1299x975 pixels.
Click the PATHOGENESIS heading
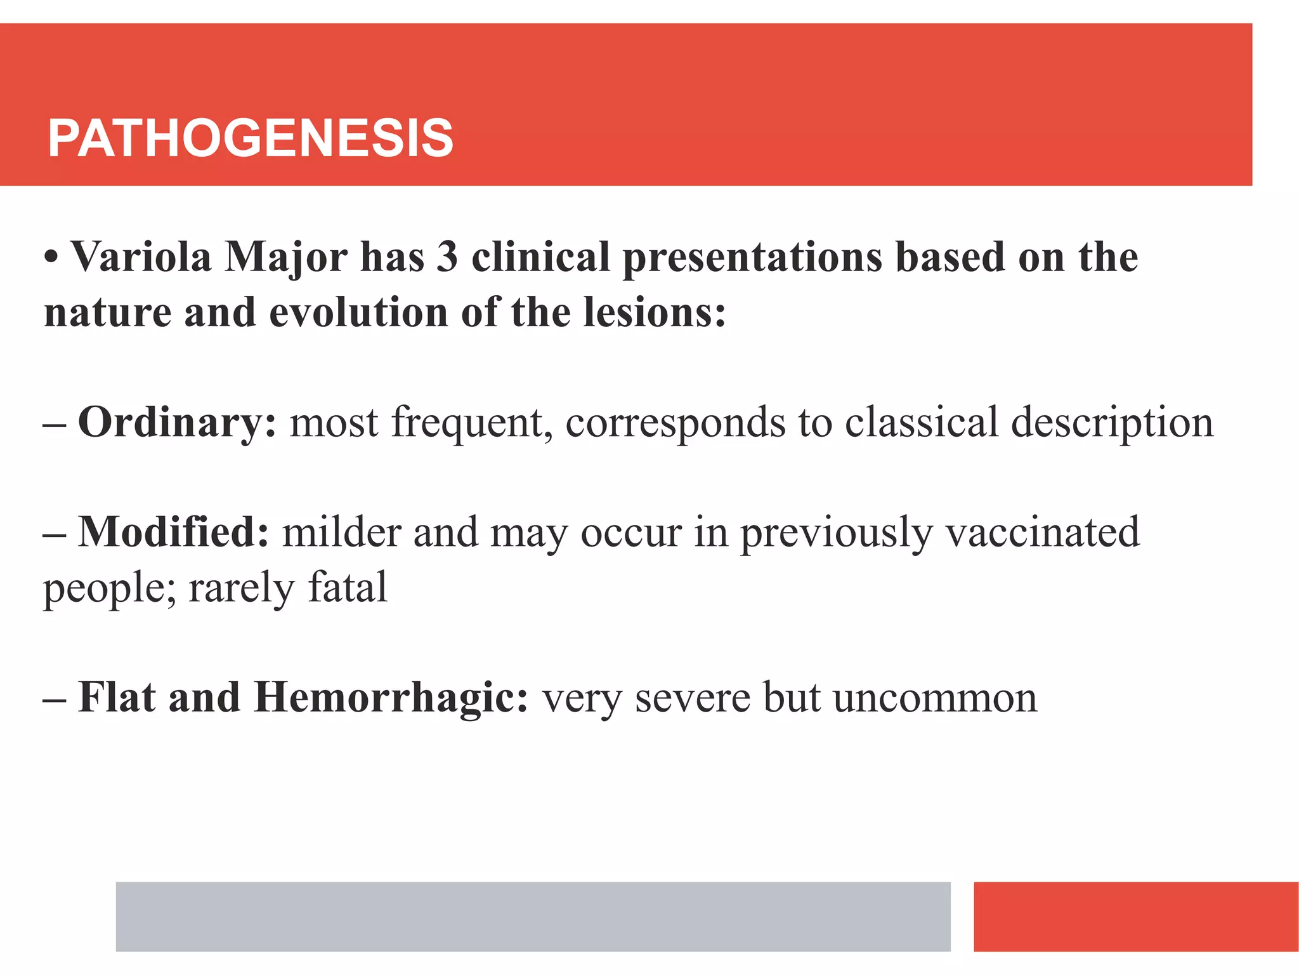pos(251,138)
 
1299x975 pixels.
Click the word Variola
pos(141,258)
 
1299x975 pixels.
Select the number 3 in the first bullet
pos(447,258)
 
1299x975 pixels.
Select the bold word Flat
pos(117,697)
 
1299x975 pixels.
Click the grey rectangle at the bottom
pos(533,916)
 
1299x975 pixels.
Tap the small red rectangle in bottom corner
pos(1135,916)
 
